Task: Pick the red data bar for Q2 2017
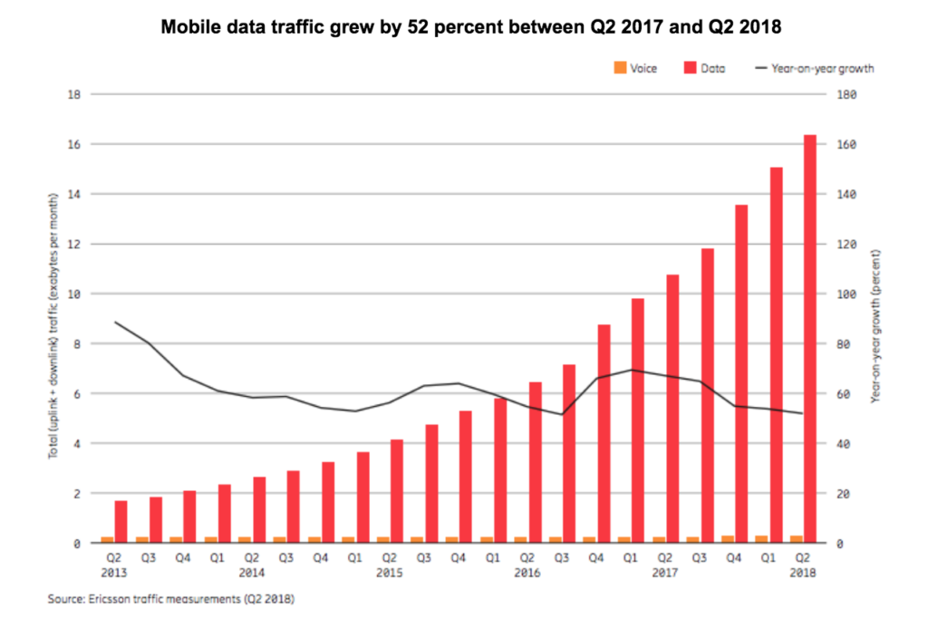[672, 408]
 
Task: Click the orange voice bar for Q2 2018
[796, 539]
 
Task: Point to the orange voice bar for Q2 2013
[107, 540]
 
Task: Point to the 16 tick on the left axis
[76, 145]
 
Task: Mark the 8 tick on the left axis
[78, 344]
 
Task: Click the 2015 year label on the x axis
[390, 574]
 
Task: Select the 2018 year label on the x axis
[803, 574]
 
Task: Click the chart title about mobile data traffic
[471, 28]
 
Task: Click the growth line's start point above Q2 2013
[115, 322]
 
